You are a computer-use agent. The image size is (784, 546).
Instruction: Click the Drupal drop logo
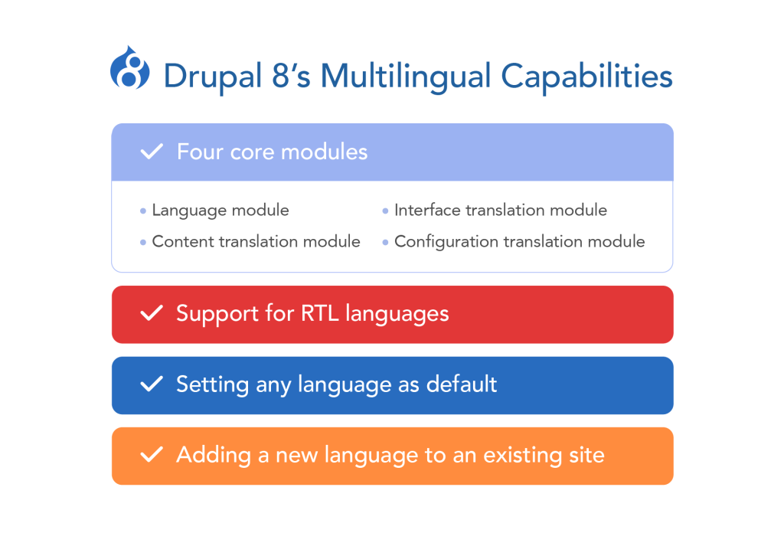point(129,67)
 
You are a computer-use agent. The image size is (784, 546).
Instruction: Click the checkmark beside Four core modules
point(152,152)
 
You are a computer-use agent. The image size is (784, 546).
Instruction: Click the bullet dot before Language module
point(143,211)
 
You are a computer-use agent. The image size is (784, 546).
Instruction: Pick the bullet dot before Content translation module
point(143,242)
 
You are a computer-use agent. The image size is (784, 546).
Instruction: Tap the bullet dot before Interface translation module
point(385,211)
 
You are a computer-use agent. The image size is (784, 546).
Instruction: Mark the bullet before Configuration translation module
point(385,242)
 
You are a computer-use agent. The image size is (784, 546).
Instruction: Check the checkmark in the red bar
point(152,314)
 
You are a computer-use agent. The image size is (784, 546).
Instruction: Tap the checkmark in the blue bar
point(152,384)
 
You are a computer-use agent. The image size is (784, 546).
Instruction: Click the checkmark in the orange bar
point(152,456)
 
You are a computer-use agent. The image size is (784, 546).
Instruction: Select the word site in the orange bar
point(586,456)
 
